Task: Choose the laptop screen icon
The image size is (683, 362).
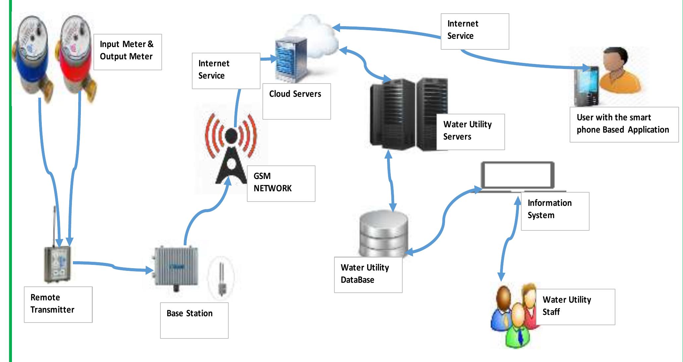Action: [x=517, y=176]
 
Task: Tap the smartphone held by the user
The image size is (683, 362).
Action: [x=587, y=86]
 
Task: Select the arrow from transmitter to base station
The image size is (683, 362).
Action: [x=113, y=266]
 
